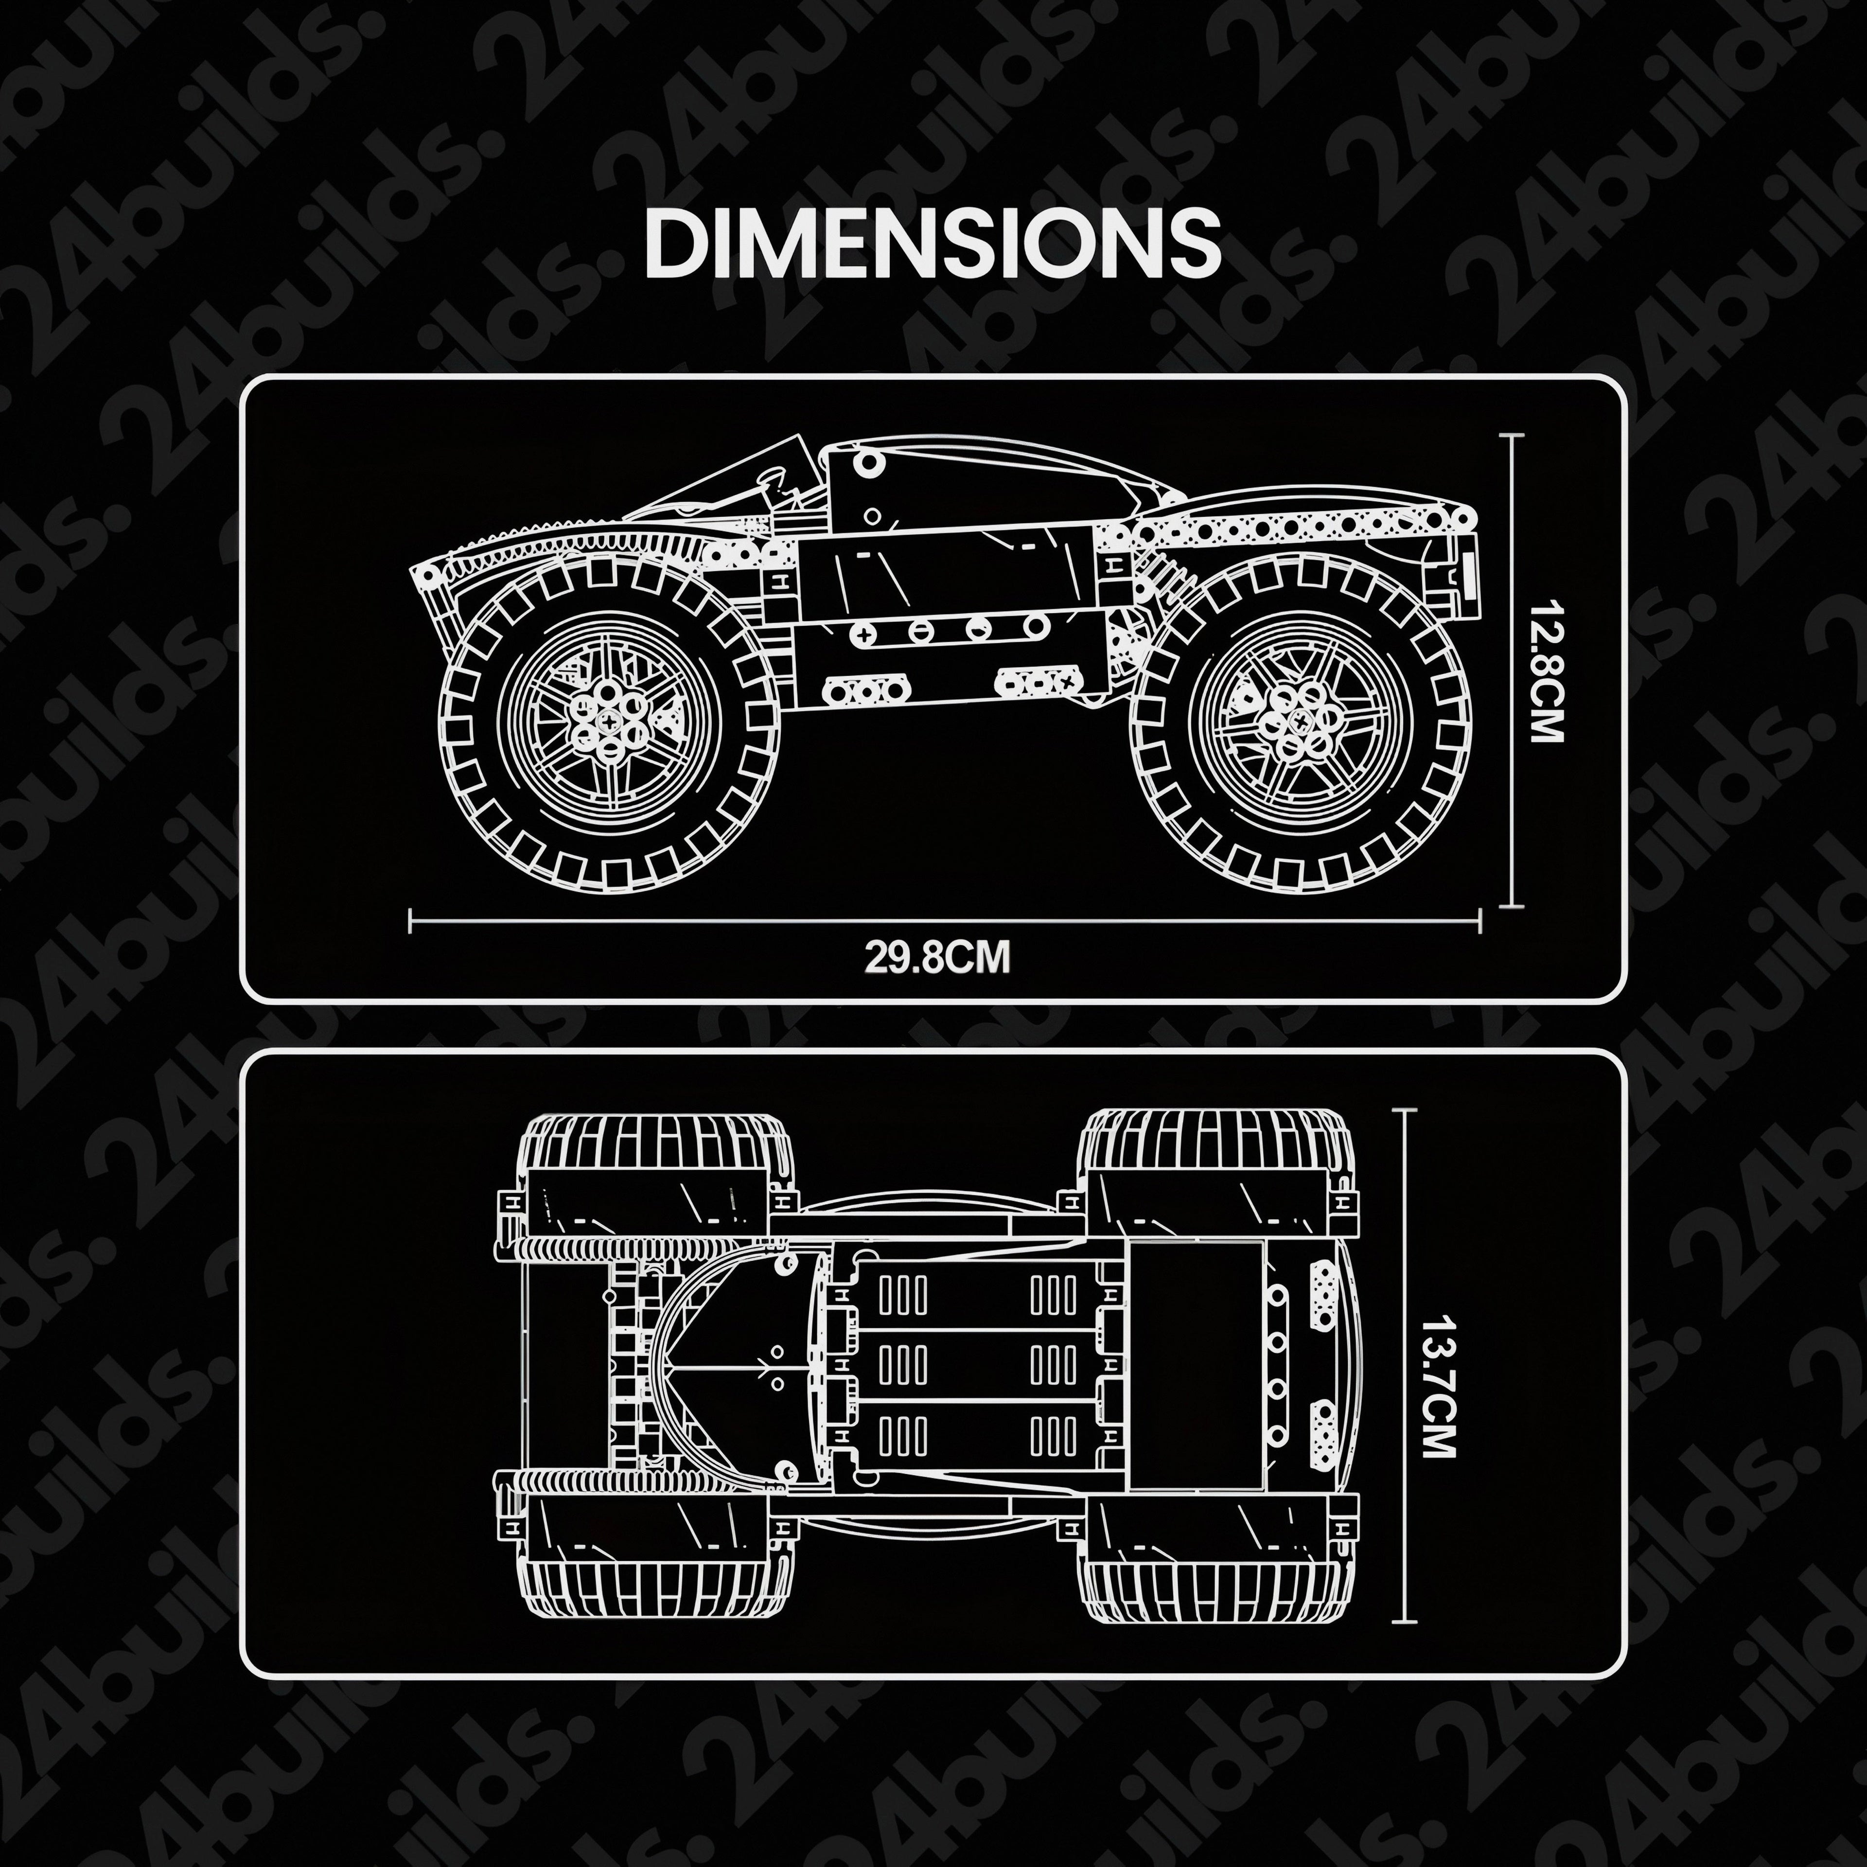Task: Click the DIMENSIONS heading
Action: point(933,241)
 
